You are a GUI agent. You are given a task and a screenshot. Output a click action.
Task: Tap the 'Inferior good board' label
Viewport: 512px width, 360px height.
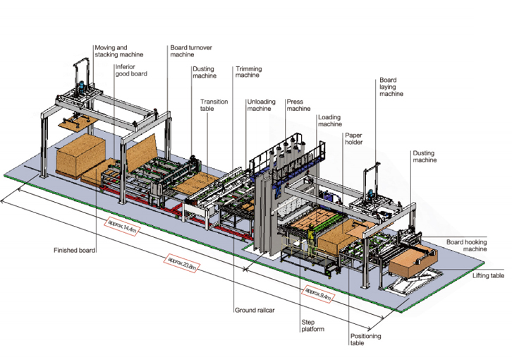coord(131,70)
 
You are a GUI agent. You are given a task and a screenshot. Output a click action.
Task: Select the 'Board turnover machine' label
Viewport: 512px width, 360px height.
coord(191,50)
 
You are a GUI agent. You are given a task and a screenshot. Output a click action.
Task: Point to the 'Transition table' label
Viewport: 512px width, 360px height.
coord(214,105)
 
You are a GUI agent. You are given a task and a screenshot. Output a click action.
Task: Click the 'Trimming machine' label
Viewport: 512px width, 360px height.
coord(248,72)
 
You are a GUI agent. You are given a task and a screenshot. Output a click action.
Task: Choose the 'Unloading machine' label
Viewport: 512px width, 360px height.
coord(260,105)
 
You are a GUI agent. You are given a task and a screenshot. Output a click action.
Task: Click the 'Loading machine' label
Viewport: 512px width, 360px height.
coord(329,121)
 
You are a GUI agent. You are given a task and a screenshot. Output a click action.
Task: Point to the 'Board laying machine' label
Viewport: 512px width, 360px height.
coord(391,87)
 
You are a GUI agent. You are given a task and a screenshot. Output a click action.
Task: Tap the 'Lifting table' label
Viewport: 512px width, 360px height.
coord(488,276)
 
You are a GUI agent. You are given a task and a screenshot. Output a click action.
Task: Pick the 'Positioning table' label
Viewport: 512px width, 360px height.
coord(364,340)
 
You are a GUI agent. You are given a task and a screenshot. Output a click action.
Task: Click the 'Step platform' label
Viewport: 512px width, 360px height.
coord(310,326)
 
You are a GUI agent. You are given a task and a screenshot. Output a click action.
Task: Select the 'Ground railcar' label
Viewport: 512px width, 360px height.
coord(255,310)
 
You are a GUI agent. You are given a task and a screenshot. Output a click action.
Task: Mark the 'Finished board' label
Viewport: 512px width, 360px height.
coord(74,250)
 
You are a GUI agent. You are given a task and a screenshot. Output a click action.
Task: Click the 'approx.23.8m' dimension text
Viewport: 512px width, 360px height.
coord(181,263)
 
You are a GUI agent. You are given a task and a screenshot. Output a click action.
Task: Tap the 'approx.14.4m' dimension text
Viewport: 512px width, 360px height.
coord(122,229)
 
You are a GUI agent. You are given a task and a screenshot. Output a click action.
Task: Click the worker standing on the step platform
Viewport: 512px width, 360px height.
coord(307,241)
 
